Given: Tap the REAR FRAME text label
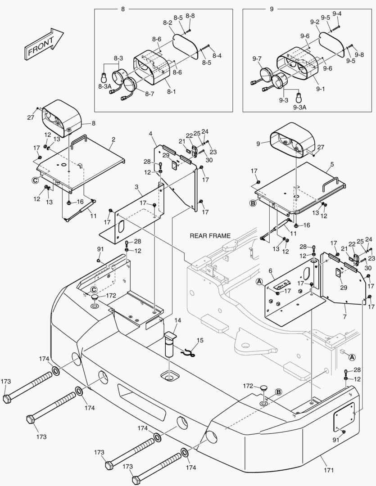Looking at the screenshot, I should pyautogui.click(x=210, y=236).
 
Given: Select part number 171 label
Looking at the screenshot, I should pyautogui.click(x=329, y=470).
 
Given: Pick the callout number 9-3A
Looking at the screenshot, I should pyautogui.click(x=299, y=107).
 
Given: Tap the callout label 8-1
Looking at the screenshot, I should pyautogui.click(x=172, y=91).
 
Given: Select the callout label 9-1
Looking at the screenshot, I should pyautogui.click(x=320, y=90).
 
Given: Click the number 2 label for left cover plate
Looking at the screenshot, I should pyautogui.click(x=113, y=140).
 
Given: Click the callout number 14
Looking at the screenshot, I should pyautogui.click(x=178, y=320).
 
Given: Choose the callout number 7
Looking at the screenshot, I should pyautogui.click(x=345, y=305).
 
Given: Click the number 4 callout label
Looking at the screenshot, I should pyautogui.click(x=150, y=133).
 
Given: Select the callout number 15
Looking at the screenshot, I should pyautogui.click(x=200, y=340).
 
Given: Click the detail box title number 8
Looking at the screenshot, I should pyautogui.click(x=123, y=9).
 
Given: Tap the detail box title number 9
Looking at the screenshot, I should pyautogui.click(x=271, y=9).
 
